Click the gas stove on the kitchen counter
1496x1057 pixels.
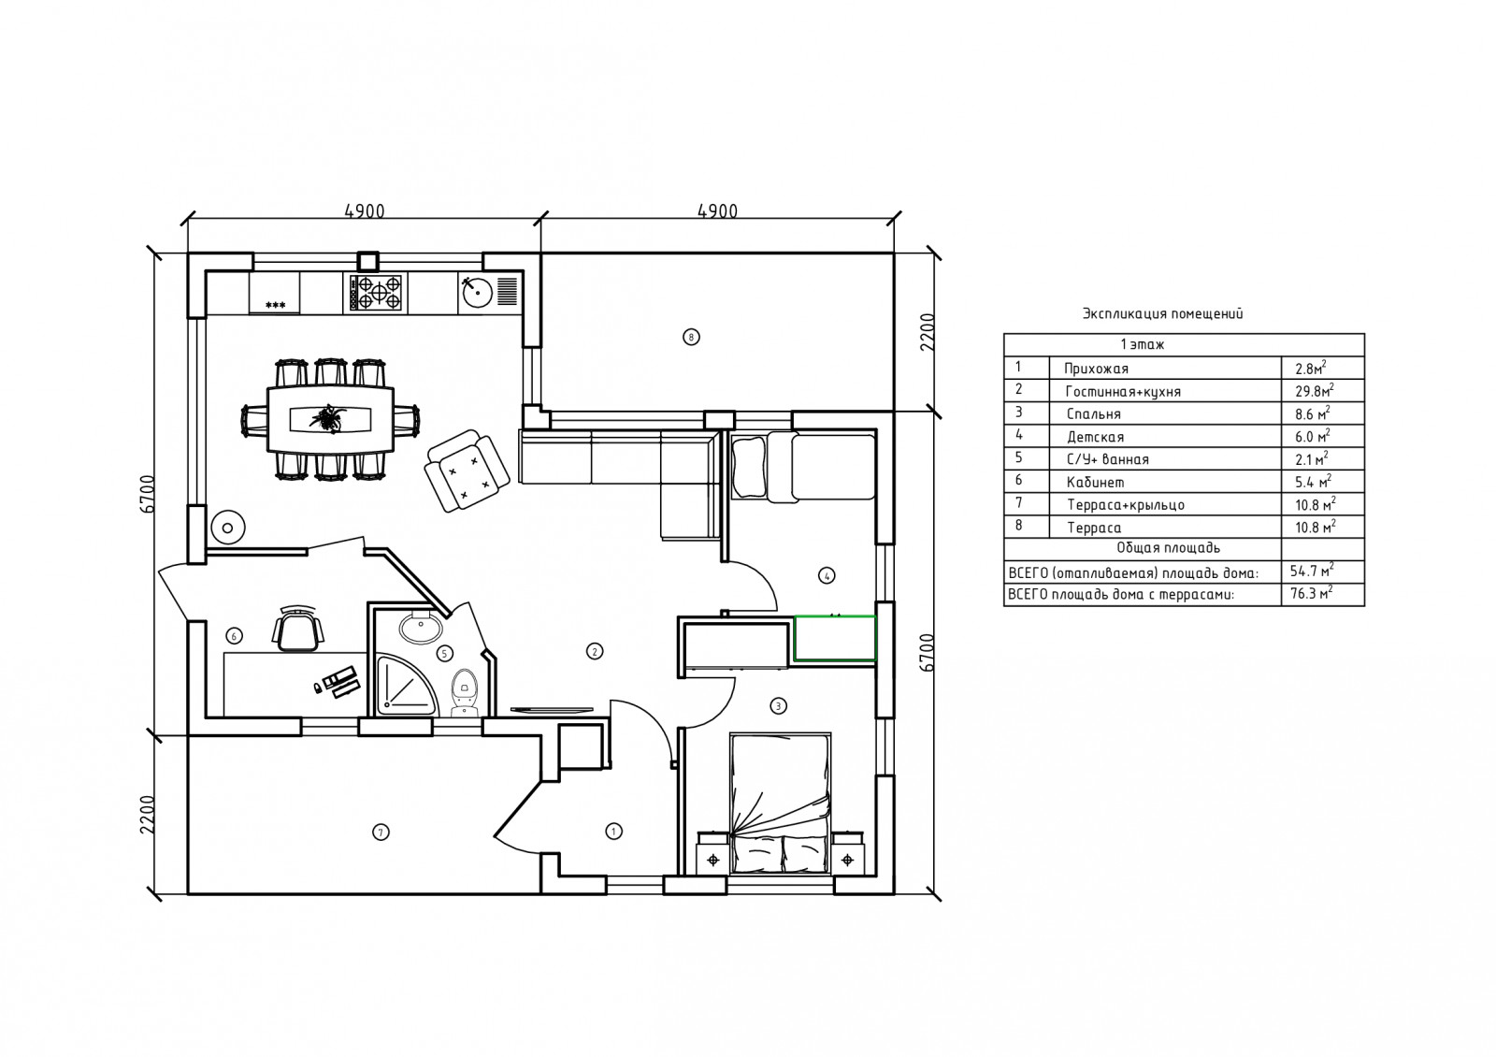pos(376,292)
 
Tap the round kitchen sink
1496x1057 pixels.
pos(478,292)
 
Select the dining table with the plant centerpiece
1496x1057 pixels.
pos(331,420)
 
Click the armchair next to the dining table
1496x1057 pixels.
pos(467,471)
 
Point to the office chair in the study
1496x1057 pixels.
pos(298,628)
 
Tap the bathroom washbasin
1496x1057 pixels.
pos(420,627)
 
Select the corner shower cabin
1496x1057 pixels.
pos(406,685)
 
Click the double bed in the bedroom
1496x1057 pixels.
pos(780,804)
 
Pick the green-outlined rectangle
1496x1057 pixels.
pos(835,639)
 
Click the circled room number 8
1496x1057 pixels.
pos(691,337)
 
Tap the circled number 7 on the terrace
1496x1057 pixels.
pos(381,832)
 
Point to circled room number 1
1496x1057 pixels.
pos(613,832)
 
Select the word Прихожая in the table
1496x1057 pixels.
pos(1096,369)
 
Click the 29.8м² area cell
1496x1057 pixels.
pos(1315,391)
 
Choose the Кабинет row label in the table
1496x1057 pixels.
pos(1095,483)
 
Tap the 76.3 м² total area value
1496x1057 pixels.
pos(1312,593)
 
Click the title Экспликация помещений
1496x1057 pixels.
pos(1163,314)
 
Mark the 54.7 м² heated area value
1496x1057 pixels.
pos(1312,572)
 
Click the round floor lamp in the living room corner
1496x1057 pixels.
pos(228,528)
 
